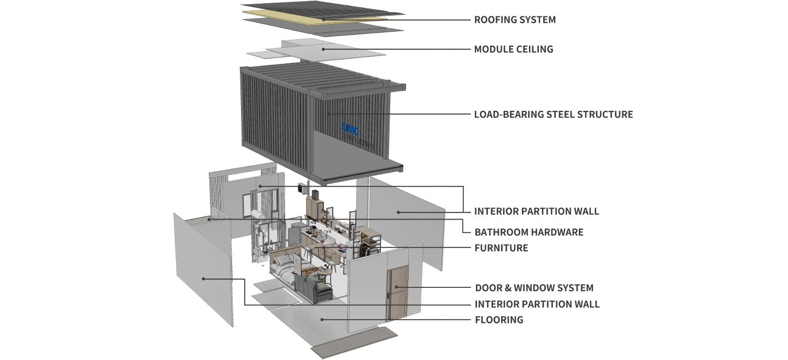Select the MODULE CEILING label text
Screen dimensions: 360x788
click(513, 49)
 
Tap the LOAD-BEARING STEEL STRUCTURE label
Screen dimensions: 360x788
click(553, 114)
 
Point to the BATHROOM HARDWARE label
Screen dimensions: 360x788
click(528, 232)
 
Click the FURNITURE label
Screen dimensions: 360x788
click(501, 248)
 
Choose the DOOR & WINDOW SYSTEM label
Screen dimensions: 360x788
click(534, 287)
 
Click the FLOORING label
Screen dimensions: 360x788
click(498, 320)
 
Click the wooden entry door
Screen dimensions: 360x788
click(397, 294)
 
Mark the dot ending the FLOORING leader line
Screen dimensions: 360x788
click(322, 320)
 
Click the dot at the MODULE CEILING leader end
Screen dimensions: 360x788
click(324, 49)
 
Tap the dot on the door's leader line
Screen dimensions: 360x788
click(403, 287)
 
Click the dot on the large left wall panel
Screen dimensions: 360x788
click(203, 279)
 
